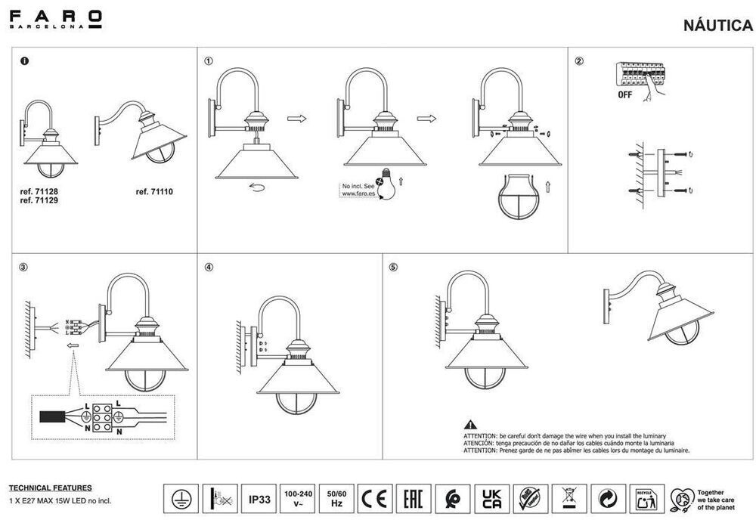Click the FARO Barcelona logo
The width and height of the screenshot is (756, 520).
click(x=56, y=19)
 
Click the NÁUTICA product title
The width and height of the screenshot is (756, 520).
click(x=717, y=26)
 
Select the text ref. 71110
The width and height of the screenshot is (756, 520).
click(x=154, y=192)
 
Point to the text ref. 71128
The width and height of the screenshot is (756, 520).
click(x=39, y=192)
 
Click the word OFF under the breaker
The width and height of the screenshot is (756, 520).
click(x=624, y=95)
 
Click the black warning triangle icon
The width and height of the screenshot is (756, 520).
click(x=470, y=426)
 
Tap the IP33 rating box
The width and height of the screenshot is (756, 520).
click(x=260, y=499)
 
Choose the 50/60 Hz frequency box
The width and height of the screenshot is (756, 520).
click(x=336, y=499)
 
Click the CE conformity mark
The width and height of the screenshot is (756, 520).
click(x=375, y=499)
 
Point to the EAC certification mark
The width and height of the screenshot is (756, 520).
click(x=414, y=499)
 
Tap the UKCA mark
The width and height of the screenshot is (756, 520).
click(x=491, y=499)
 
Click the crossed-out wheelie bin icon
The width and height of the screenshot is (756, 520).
click(x=569, y=499)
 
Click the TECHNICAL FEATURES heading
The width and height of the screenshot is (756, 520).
click(x=50, y=488)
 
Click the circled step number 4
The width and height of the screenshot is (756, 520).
click(x=209, y=267)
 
